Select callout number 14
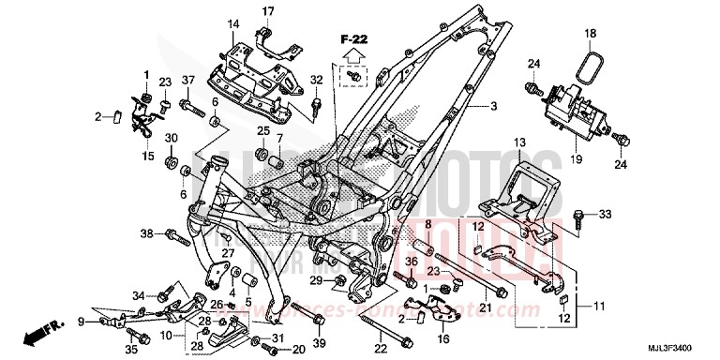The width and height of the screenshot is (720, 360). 233,23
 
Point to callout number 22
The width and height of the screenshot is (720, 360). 382,350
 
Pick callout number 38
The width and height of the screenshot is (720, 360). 146,233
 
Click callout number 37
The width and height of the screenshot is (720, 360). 187,80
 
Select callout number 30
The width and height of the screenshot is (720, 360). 172,139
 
